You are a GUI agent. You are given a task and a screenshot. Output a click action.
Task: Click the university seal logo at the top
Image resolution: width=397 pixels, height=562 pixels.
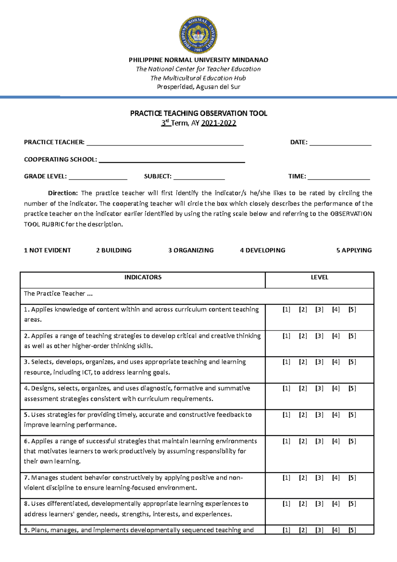tap(198, 35)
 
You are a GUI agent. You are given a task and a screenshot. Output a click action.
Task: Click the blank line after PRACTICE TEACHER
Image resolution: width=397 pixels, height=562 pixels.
tap(164, 143)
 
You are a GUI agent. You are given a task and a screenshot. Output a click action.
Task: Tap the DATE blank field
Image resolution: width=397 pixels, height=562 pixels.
tap(340, 143)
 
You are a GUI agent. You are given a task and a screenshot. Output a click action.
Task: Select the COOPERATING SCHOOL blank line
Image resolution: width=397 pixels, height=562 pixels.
tap(172, 160)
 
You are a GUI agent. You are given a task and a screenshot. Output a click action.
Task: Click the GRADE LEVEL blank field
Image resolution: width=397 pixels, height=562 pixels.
tap(98, 177)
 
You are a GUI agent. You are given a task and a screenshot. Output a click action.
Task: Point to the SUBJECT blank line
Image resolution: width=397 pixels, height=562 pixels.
tap(199, 177)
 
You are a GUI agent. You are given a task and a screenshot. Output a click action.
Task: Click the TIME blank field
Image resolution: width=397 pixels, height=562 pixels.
tap(338, 177)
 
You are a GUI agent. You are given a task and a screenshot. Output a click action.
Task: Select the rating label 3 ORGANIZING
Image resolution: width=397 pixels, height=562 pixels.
tap(191, 250)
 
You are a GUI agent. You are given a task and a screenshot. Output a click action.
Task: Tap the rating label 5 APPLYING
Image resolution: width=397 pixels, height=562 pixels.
tap(354, 250)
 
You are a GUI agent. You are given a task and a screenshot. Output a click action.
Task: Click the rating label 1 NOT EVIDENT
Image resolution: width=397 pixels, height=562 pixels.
tap(47, 250)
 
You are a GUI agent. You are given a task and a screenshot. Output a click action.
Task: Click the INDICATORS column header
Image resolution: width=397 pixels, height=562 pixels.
tap(143, 277)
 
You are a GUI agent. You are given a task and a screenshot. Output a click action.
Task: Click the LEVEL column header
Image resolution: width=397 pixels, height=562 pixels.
tap(319, 277)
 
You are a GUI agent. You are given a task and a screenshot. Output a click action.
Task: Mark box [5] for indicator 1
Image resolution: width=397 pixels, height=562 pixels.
tap(352, 309)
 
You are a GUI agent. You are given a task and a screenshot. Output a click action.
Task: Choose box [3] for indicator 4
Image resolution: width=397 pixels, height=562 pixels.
tap(319, 388)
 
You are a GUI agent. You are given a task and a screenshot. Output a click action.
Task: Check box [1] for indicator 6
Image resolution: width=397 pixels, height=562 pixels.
tap(286, 441)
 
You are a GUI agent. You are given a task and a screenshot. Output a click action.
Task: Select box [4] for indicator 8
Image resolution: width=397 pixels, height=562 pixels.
tap(336, 504)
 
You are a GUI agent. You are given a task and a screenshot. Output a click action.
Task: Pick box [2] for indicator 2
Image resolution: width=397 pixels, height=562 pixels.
tap(303, 336)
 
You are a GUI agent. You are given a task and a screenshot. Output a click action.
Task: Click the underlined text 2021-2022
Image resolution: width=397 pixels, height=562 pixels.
tap(218, 123)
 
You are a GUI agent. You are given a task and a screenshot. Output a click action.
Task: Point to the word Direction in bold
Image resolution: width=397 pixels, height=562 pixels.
tap(63, 193)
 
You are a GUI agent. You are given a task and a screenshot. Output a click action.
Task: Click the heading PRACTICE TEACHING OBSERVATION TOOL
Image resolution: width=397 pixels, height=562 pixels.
tap(198, 113)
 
